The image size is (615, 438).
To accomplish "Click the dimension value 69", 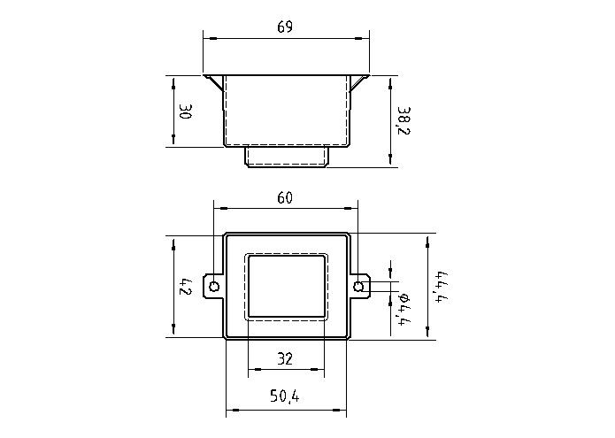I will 285,27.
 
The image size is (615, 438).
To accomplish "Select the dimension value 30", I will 185,111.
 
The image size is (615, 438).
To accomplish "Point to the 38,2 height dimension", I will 404,119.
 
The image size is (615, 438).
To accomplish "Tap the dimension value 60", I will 285,197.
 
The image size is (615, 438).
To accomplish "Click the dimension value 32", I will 285,359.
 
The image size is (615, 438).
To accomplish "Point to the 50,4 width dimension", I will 285,399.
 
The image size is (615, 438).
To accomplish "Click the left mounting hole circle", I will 213,286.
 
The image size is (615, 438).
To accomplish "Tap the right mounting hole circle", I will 358,286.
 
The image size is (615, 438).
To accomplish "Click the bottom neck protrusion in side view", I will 286,156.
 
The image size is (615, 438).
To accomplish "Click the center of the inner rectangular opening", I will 286,286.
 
